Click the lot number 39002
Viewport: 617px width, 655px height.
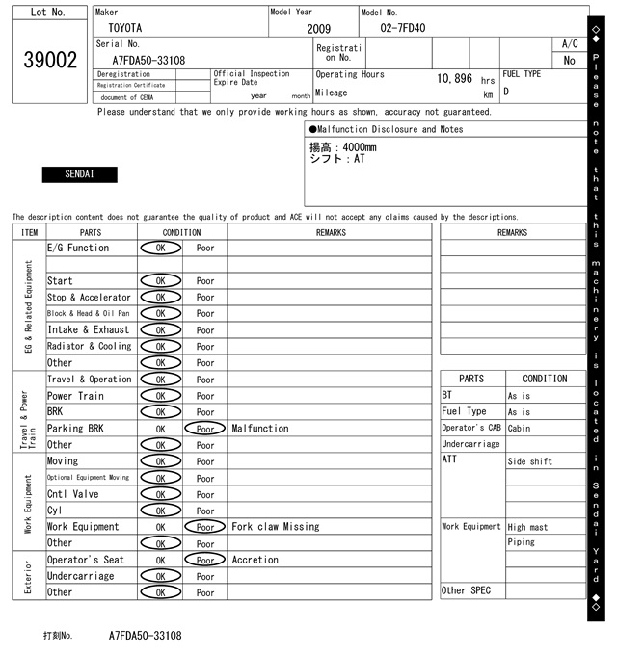tap(49, 61)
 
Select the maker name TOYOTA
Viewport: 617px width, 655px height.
tap(124, 29)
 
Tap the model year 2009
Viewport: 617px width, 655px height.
tap(318, 29)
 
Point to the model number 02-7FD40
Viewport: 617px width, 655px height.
tap(402, 29)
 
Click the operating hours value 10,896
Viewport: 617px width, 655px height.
tap(455, 79)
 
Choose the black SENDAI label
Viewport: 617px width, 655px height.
tap(79, 175)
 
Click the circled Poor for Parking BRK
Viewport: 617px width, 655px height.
tap(205, 429)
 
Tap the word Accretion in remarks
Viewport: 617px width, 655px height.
tap(255, 560)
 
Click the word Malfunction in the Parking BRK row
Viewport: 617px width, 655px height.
tap(260, 429)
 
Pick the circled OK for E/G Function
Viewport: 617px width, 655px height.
tap(160, 249)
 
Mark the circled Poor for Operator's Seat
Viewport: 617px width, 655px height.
tap(205, 560)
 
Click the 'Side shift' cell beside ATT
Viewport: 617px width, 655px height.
tap(530, 461)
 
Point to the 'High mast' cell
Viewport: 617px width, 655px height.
tap(529, 527)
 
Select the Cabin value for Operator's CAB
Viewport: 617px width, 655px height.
tap(521, 428)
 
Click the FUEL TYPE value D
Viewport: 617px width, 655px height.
tap(506, 92)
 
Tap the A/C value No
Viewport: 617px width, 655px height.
tap(569, 61)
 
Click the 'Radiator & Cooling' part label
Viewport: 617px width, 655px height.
tap(90, 347)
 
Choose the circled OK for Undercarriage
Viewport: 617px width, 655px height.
tap(160, 576)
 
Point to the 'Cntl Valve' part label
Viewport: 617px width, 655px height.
tap(73, 494)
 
